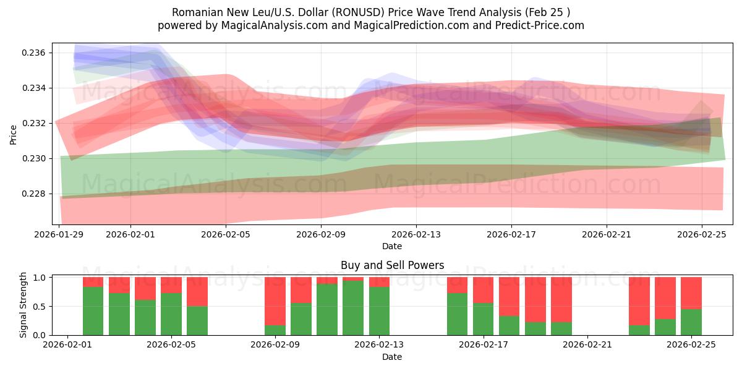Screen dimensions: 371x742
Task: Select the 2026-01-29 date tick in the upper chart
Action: click(x=59, y=235)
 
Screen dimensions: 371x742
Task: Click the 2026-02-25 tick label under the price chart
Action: click(x=702, y=235)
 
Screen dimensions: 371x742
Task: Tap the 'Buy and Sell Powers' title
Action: click(x=392, y=265)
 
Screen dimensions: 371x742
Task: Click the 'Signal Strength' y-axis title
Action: click(x=23, y=305)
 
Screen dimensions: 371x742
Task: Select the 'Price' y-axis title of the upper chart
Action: click(x=14, y=134)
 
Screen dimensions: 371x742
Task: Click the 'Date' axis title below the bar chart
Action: click(x=392, y=357)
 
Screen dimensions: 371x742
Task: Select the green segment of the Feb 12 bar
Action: click(x=353, y=308)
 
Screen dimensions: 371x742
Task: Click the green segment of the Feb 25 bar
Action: click(x=691, y=322)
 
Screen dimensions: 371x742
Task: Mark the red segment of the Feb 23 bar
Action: click(x=639, y=301)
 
